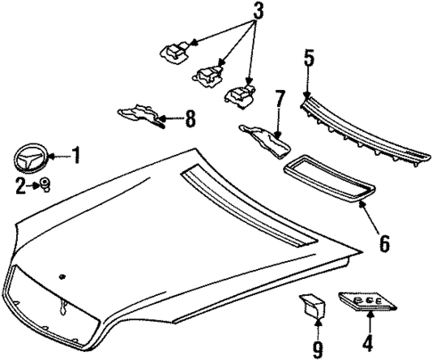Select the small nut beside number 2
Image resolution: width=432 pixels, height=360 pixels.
pyautogui.click(x=42, y=184)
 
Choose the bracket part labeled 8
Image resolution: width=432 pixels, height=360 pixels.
pyautogui.click(x=141, y=114)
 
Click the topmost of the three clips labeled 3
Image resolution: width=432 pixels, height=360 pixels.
pyautogui.click(x=175, y=51)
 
